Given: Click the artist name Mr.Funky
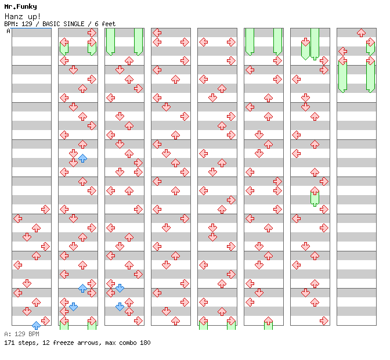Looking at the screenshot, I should (x=20, y=7).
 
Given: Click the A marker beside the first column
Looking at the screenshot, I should (x=9, y=31).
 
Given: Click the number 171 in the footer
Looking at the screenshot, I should (x=9, y=343).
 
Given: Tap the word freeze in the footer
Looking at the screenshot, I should (x=61, y=343).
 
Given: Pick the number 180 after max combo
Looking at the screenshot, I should (x=145, y=343).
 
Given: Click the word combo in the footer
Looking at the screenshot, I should (x=125, y=343).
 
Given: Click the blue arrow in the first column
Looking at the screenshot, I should (x=36, y=325).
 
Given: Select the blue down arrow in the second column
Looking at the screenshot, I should (x=73, y=307).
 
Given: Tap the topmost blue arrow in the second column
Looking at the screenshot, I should (x=82, y=158).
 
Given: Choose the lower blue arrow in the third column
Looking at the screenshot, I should (x=120, y=307).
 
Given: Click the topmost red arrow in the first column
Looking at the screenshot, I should (x=45, y=209).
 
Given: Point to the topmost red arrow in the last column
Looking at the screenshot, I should (x=361, y=33).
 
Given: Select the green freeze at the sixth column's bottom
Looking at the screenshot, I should (x=268, y=323).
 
